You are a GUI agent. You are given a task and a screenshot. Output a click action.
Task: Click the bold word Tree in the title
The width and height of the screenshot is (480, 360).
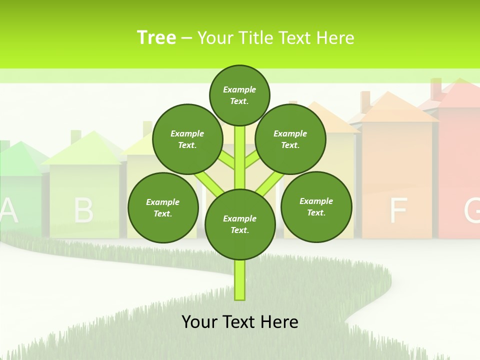tap(156, 37)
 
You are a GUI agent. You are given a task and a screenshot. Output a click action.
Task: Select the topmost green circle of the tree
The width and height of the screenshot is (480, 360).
tap(239, 95)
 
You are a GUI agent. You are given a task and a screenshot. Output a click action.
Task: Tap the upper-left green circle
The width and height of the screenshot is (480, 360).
tap(187, 139)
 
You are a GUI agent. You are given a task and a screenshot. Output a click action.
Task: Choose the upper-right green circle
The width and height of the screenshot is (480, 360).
tap(290, 139)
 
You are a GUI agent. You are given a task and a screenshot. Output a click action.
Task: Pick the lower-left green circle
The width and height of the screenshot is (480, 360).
tap(162, 207)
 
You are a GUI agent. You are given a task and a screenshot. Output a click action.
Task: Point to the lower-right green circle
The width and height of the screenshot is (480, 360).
tap(316, 206)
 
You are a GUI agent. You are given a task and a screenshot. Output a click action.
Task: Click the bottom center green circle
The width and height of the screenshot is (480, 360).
tap(239, 224)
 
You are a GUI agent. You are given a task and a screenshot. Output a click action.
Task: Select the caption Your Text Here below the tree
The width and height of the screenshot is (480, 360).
tap(239, 321)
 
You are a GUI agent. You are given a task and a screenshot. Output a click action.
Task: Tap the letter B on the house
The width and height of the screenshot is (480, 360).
tap(83, 210)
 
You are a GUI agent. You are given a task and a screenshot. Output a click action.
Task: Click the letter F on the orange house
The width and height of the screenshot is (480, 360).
tap(398, 210)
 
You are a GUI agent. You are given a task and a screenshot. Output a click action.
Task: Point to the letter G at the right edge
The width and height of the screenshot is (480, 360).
tap(473, 210)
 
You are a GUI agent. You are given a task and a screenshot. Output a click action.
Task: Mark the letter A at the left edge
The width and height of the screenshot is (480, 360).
tap(8, 210)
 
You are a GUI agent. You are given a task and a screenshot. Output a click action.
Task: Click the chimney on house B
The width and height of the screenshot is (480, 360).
tap(76, 136)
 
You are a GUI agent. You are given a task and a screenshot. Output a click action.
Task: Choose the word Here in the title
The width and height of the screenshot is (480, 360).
tap(336, 38)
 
